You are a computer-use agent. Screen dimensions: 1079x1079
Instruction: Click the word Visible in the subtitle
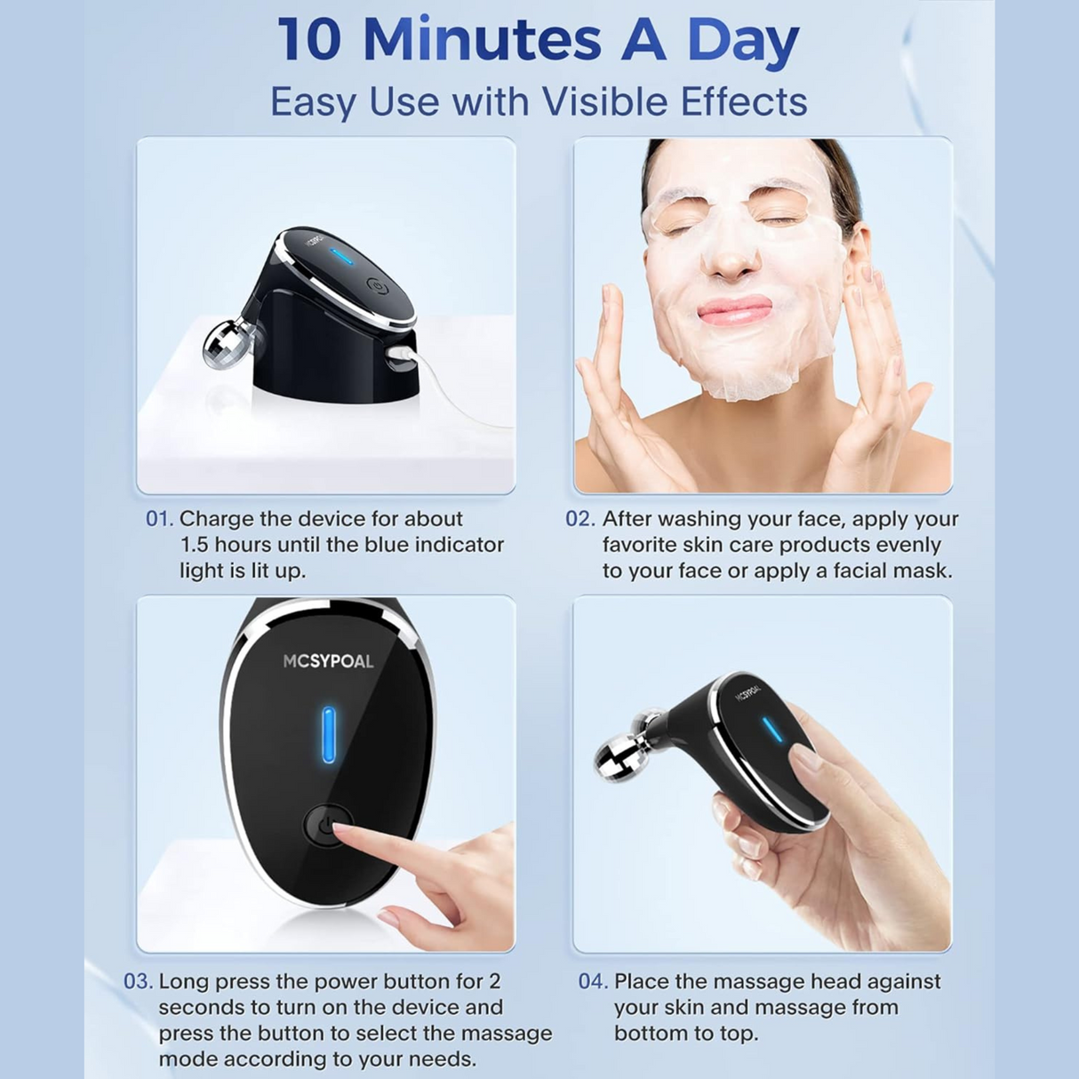click(x=605, y=101)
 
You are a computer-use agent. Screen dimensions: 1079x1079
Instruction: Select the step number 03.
click(x=138, y=982)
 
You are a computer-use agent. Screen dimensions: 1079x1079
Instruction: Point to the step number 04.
click(x=593, y=982)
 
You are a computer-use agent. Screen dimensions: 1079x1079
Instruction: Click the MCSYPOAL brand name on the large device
click(x=328, y=661)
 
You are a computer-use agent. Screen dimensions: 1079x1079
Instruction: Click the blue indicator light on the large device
click(x=329, y=734)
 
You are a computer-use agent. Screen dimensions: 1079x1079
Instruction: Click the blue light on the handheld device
click(x=773, y=730)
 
